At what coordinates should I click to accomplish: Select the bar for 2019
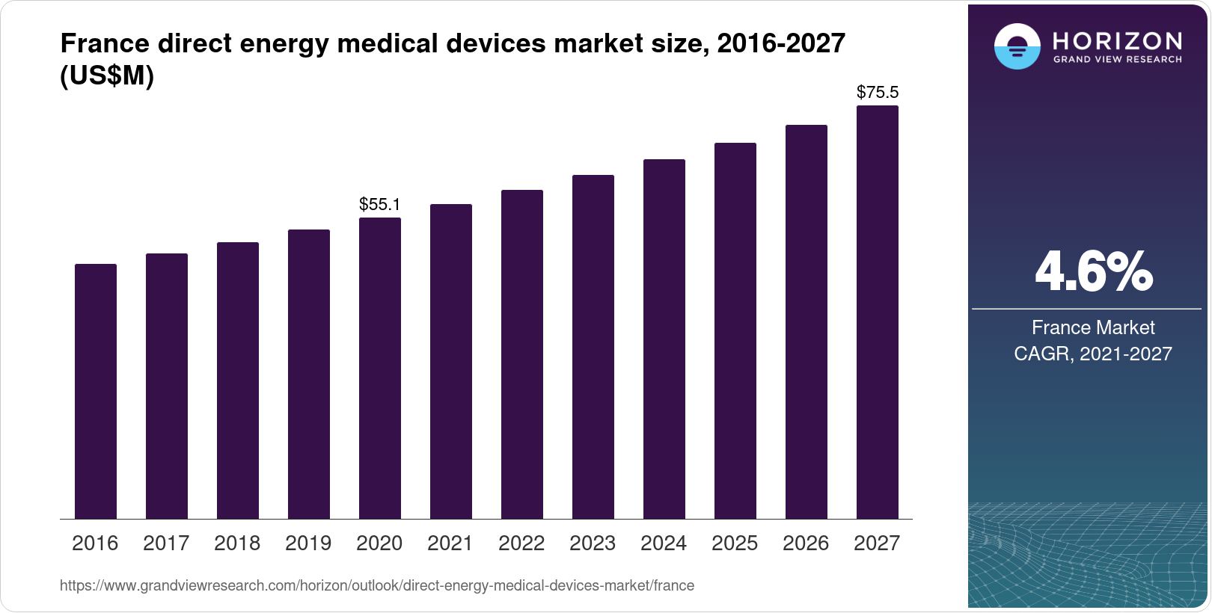tap(309, 374)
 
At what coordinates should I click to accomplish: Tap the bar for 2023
tap(593, 347)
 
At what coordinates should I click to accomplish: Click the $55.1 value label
tap(380, 204)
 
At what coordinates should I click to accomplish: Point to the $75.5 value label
tap(878, 93)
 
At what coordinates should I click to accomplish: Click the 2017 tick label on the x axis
tap(166, 543)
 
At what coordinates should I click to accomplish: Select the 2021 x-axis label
tap(450, 543)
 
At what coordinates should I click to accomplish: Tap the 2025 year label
tap(735, 543)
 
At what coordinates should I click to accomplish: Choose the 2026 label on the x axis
tap(806, 543)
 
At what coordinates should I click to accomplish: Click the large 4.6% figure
tap(1093, 272)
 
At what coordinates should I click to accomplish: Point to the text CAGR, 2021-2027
tap(1093, 354)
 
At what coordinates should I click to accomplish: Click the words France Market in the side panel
tap(1093, 327)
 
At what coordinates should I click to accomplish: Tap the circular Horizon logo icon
tap(1017, 46)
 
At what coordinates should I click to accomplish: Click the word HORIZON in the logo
tap(1118, 40)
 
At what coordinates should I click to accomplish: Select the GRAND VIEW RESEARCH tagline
tap(1118, 60)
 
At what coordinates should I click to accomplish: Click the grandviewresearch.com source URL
tap(377, 586)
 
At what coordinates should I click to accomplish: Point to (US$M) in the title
tap(107, 76)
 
